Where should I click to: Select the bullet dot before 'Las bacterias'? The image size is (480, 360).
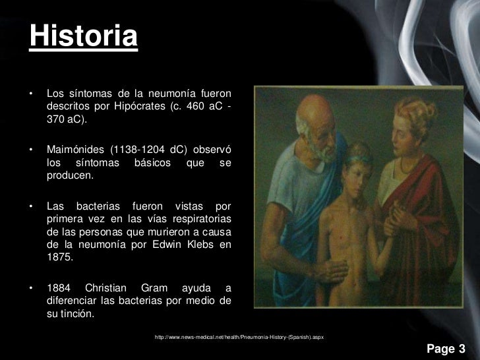pos(30,199)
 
